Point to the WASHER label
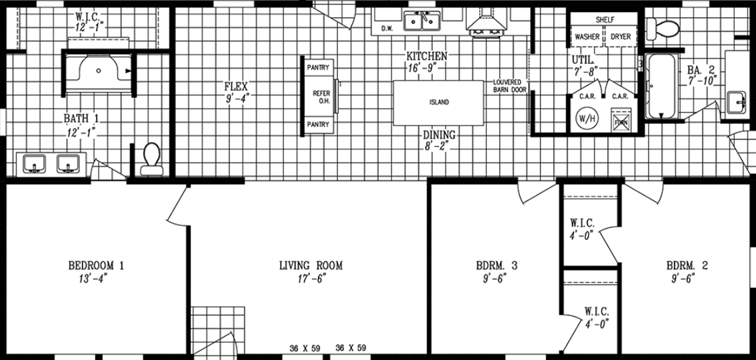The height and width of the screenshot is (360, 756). (587, 37)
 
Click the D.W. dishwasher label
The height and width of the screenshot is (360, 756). (387, 29)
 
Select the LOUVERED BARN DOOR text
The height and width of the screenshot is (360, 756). (510, 86)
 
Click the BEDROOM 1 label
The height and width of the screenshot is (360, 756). (97, 265)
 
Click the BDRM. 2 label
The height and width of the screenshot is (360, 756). (687, 265)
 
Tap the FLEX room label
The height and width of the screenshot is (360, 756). (236, 86)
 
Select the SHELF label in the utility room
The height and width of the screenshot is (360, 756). (605, 20)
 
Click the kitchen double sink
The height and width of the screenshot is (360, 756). (421, 23)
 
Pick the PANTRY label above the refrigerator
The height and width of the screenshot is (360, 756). (318, 68)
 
